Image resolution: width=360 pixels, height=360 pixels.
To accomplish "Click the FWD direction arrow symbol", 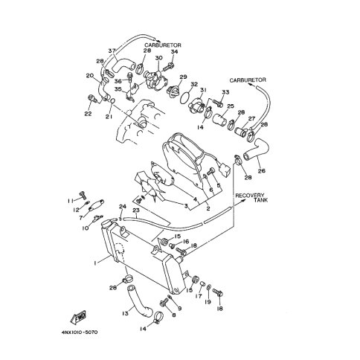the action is coord(80,317).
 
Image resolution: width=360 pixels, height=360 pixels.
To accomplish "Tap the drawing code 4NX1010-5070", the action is coord(80,332).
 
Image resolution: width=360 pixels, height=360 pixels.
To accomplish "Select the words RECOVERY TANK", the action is coord(251,198).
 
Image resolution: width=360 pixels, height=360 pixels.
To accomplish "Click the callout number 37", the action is coord(112,51).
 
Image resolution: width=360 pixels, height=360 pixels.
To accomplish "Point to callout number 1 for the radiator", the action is coord(94,263).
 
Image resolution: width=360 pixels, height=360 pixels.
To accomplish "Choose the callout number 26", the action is coord(262,170).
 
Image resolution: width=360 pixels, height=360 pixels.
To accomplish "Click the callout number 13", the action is coord(125,313).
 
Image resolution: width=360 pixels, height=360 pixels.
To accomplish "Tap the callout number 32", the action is coord(194,84).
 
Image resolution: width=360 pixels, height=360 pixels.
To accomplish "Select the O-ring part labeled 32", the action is coord(187,98).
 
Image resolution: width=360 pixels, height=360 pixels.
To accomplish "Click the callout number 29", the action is coord(183,77).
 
